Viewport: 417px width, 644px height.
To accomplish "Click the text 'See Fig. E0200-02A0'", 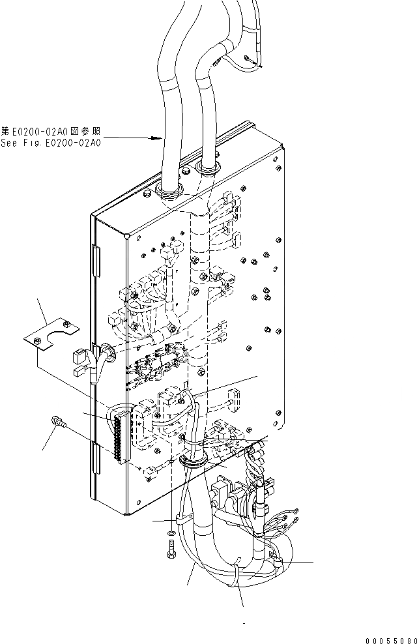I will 51,143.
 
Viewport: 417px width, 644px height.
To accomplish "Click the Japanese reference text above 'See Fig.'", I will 51,131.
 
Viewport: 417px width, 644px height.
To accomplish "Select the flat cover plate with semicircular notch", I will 51,336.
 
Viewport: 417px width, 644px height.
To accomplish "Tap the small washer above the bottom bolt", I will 171,534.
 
